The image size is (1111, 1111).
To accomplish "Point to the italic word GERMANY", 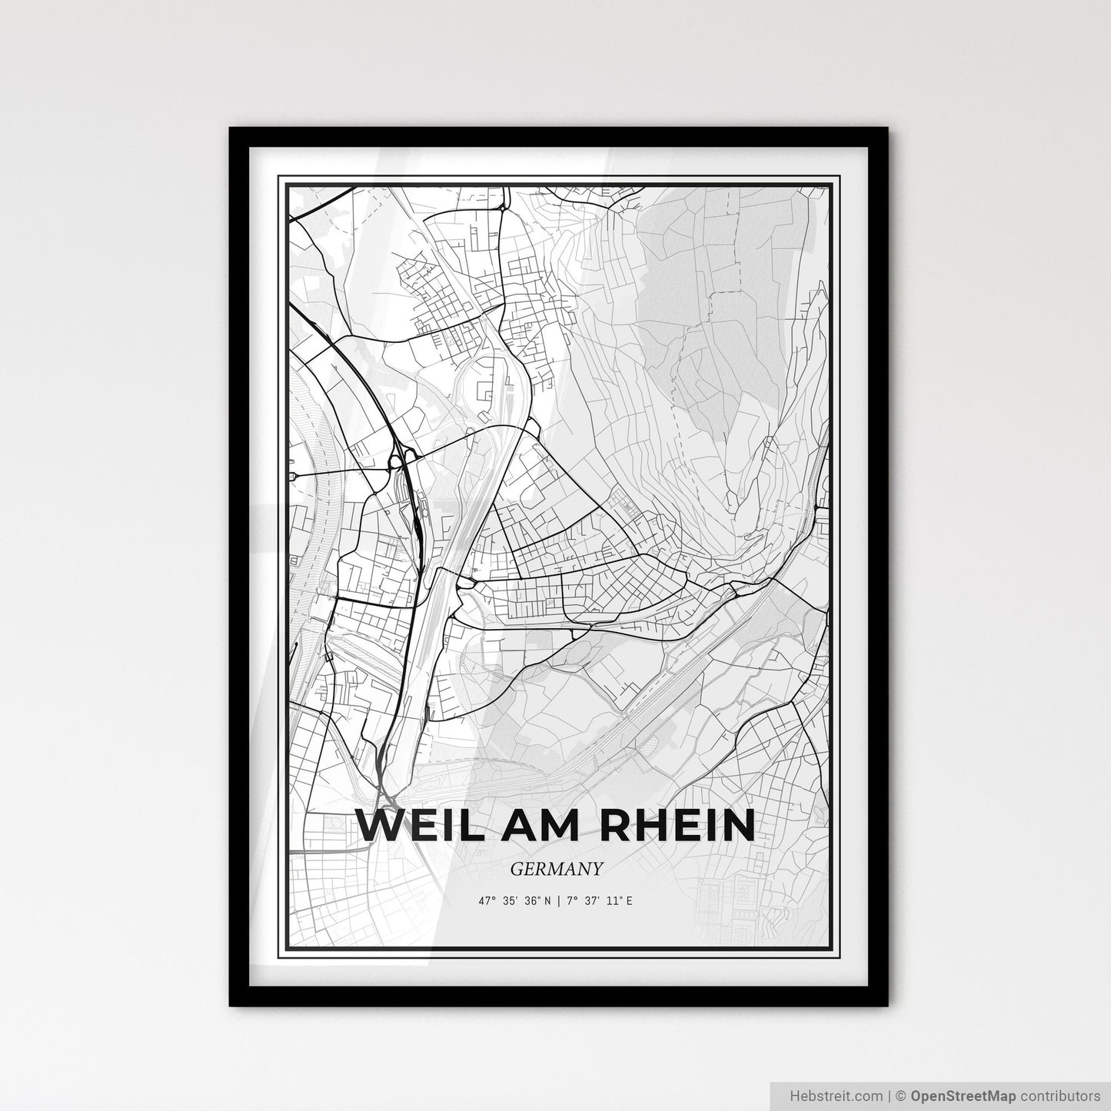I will tap(556, 869).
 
